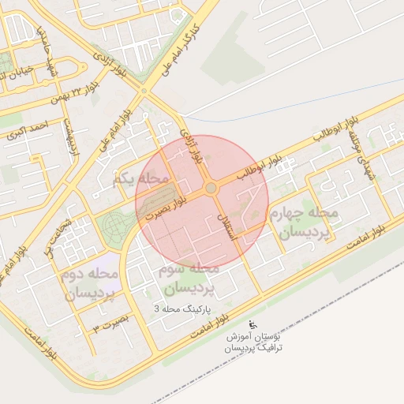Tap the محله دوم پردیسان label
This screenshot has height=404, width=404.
pyautogui.click(x=89, y=283)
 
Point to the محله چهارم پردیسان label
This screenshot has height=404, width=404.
pyautogui.click(x=303, y=223)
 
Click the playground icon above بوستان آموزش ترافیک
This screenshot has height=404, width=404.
pyautogui.click(x=253, y=324)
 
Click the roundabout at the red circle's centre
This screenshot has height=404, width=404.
pyautogui.click(x=211, y=188)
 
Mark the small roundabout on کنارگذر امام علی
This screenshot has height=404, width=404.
pyautogui.click(x=144, y=91)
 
